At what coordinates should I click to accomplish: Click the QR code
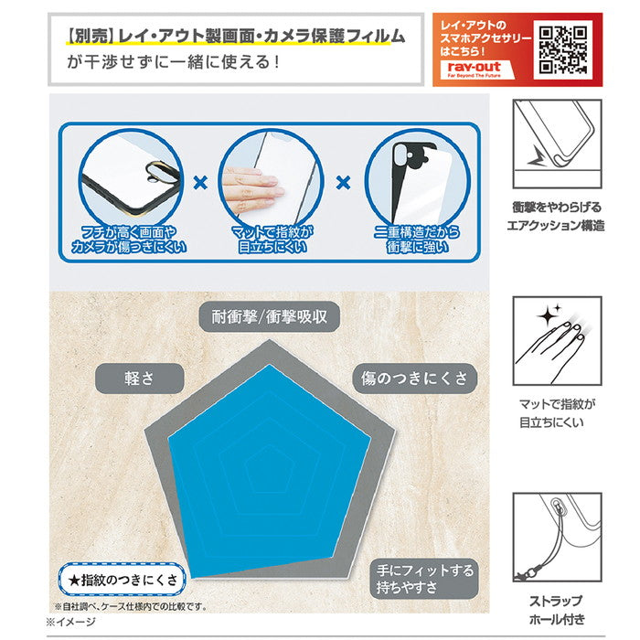coord(564,50)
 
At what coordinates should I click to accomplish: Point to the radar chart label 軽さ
coord(139,378)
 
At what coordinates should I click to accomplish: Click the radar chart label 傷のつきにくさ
coord(414,378)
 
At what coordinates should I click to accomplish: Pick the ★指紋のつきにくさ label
coord(122,579)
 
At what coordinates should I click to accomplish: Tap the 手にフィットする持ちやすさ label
coord(425,579)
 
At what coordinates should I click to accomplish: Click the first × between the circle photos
coord(200,183)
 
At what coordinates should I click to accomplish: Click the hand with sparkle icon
coord(557,341)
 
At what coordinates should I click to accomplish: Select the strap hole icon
coord(557,538)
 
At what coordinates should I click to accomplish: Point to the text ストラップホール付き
coord(557,611)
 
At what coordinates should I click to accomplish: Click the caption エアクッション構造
coord(557,225)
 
